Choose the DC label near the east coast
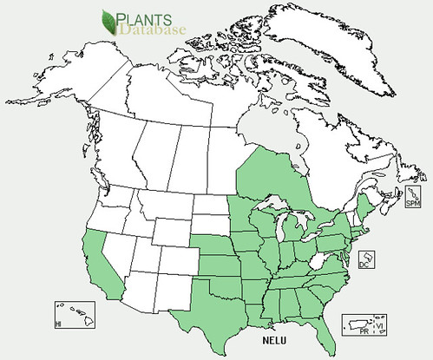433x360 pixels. pyautogui.click(x=367, y=270)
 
